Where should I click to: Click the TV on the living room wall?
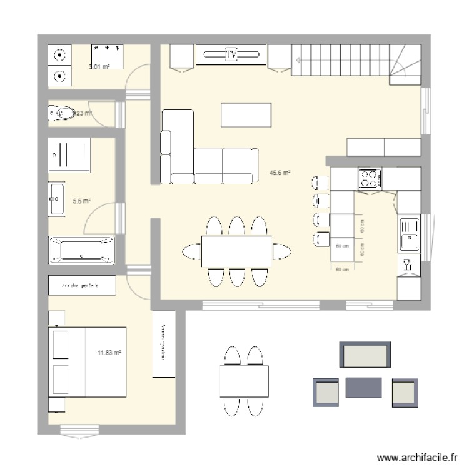(x=231, y=55)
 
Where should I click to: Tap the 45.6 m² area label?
(x=280, y=173)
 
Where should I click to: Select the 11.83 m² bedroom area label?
(x=109, y=353)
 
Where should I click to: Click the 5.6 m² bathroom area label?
(x=82, y=201)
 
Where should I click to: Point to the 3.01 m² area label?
(x=99, y=67)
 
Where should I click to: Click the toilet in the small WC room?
(x=63, y=114)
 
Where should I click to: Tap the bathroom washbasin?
(x=56, y=199)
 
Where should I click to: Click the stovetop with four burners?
(x=369, y=179)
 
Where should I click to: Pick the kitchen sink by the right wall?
(x=409, y=234)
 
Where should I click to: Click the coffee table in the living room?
(x=246, y=114)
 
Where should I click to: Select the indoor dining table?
(x=236, y=251)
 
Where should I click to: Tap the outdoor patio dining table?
(x=243, y=381)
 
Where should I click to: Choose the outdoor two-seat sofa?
(x=365, y=355)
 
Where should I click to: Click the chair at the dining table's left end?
(x=191, y=251)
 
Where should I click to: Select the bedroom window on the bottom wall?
(x=79, y=430)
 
